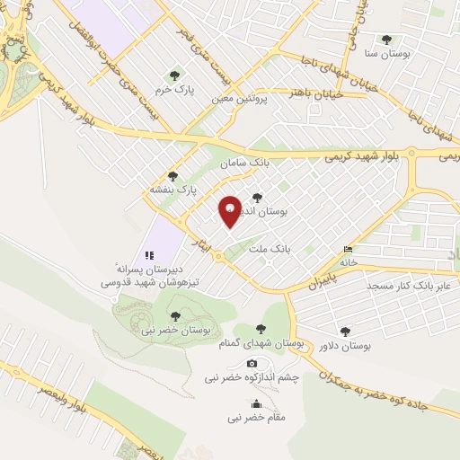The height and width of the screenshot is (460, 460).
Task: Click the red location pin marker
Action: click(231, 210)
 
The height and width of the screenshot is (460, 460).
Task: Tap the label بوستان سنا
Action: click(387, 54)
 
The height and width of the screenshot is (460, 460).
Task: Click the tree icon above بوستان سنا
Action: click(386, 40)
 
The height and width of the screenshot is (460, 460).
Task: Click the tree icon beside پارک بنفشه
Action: click(172, 176)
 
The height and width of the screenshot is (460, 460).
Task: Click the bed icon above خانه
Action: click(348, 249)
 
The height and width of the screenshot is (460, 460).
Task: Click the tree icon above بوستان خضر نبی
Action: click(174, 315)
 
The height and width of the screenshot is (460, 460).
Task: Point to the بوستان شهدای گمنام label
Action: click(261, 342)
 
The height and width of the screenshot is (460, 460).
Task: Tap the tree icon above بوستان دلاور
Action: click(345, 331)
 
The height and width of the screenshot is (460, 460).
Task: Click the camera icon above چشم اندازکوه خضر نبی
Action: click(252, 363)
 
